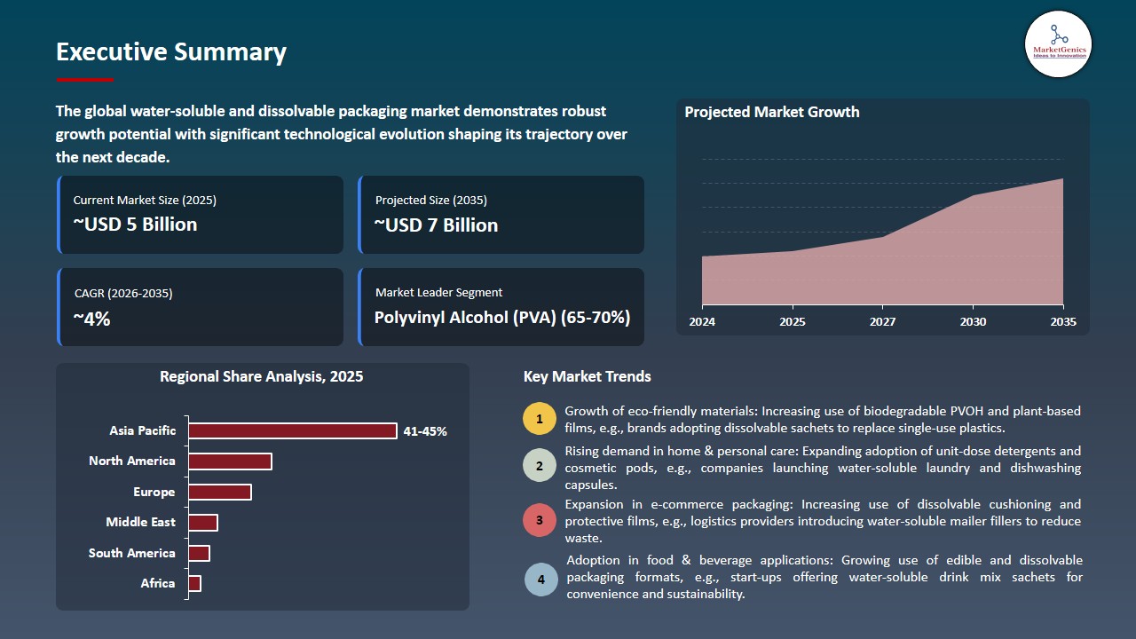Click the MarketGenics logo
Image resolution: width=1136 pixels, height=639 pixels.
pyautogui.click(x=1058, y=43)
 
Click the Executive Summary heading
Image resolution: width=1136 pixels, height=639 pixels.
pyautogui.click(x=171, y=52)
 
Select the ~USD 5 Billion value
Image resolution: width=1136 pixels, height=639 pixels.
pyautogui.click(x=135, y=225)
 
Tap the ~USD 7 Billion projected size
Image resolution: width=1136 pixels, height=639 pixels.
pyautogui.click(x=436, y=225)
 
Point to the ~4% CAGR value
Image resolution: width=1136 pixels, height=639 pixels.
pyautogui.click(x=91, y=319)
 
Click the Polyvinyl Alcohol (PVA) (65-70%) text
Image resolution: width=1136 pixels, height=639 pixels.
pyautogui.click(x=502, y=318)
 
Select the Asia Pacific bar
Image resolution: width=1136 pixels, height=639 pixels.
pyautogui.click(x=293, y=431)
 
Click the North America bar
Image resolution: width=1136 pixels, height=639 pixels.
pyautogui.click(x=230, y=461)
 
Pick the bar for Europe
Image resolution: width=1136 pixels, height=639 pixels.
pyautogui.click(x=220, y=492)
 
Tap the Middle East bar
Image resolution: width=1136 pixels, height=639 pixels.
pyautogui.click(x=203, y=523)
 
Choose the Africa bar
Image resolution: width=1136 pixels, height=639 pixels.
pyautogui.click(x=195, y=583)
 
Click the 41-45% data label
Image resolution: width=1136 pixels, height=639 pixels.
pyautogui.click(x=425, y=431)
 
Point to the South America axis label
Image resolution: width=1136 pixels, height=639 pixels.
pyautogui.click(x=132, y=553)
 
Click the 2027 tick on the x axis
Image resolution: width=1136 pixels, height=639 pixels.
pyautogui.click(x=882, y=321)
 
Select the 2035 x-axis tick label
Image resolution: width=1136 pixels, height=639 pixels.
pyautogui.click(x=1062, y=321)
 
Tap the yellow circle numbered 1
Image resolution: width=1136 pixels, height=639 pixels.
pyautogui.click(x=539, y=418)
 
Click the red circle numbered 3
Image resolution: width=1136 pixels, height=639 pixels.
pyautogui.click(x=539, y=520)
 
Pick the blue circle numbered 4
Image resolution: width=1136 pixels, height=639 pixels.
pyautogui.click(x=540, y=580)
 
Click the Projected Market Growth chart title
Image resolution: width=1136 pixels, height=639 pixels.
pyautogui.click(x=771, y=112)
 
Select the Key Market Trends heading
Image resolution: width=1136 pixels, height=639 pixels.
pyautogui.click(x=587, y=376)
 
